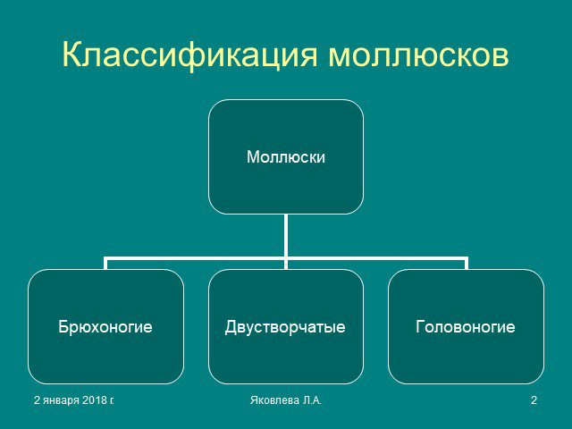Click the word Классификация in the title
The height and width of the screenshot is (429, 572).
coord(189,55)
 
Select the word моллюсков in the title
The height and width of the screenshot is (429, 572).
coord(418,55)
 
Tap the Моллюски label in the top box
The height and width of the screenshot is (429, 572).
coord(286,157)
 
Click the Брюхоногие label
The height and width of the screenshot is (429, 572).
coord(105,326)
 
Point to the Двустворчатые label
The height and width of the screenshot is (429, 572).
coord(285,327)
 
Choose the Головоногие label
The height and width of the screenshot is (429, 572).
coord(466,326)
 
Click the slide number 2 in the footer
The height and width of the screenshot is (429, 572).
coord(534,400)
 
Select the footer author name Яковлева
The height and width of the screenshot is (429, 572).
coord(274,400)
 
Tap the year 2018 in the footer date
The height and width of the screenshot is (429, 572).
coord(94,400)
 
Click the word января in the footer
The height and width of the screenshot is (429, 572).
coord(62,401)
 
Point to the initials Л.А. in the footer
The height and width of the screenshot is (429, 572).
coord(312,400)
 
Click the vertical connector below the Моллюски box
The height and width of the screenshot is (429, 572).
coord(286,236)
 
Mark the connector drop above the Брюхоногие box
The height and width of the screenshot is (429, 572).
coord(105,263)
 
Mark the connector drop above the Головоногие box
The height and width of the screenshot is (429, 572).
coord(467,263)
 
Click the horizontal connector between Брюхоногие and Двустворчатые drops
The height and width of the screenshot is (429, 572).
coord(196,258)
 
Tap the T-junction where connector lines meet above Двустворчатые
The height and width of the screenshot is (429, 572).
coord(286,258)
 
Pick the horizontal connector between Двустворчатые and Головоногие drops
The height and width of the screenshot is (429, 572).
coord(376,258)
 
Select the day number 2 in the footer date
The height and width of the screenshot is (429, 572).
coord(37,400)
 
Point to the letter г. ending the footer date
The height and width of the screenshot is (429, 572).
coord(111,401)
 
